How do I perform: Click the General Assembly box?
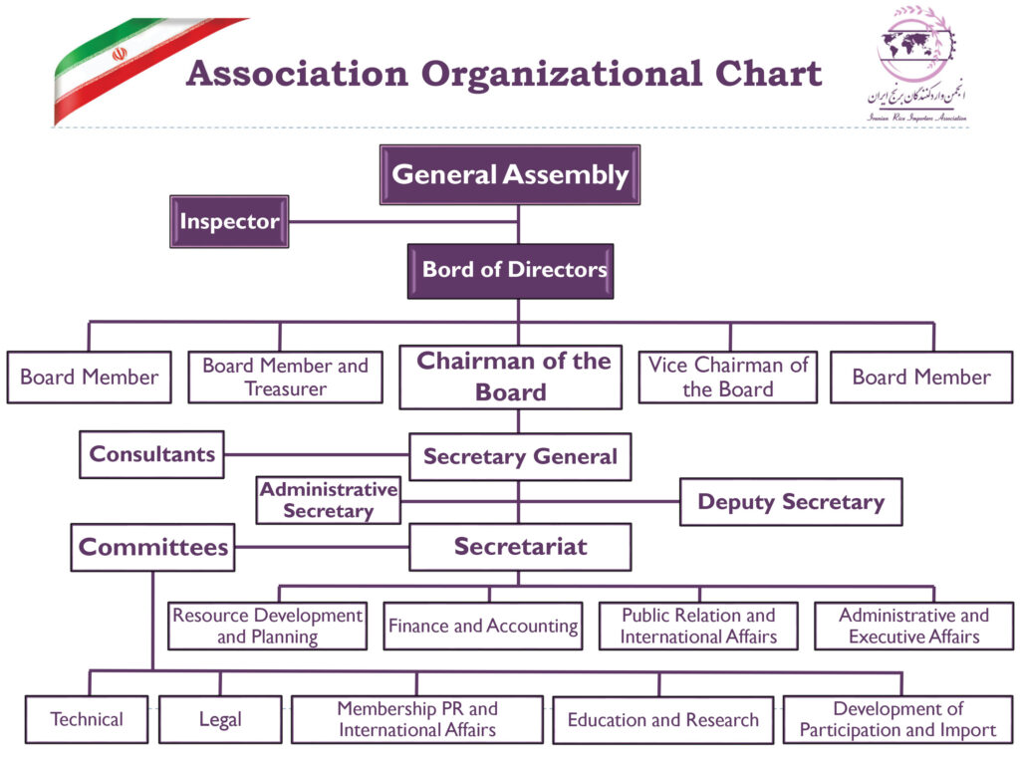(510, 175)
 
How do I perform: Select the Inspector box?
(229, 221)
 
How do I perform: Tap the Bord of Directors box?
(510, 270)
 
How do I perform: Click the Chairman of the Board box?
(510, 377)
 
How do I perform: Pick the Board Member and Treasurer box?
(285, 378)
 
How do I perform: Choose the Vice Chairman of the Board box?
(727, 378)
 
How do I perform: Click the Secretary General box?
(520, 457)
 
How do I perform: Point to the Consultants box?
(151, 454)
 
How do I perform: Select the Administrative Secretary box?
(328, 500)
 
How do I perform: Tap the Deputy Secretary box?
(791, 502)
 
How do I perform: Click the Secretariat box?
(520, 547)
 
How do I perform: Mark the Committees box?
(152, 547)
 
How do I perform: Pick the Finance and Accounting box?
(483, 627)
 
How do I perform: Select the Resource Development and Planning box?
(267, 627)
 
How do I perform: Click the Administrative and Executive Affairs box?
(913, 627)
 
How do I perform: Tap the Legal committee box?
(220, 719)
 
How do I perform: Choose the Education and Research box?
(662, 719)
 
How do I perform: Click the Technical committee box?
(88, 719)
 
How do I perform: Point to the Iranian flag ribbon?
(139, 65)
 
